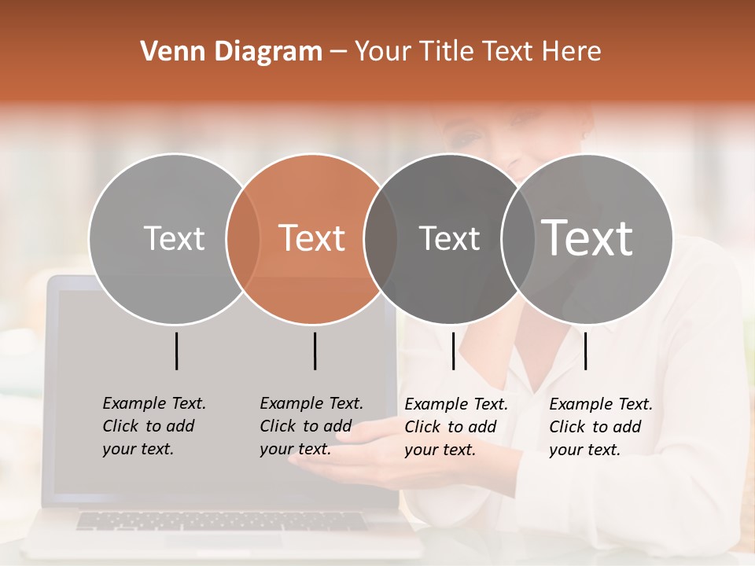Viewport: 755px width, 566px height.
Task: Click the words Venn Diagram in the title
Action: click(x=231, y=52)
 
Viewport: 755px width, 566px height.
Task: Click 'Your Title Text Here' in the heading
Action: click(x=477, y=52)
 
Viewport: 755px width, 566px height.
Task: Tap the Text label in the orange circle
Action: click(x=312, y=238)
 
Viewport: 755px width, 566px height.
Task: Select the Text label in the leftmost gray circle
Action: click(x=174, y=238)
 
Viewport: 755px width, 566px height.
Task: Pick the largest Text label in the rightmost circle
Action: click(x=587, y=238)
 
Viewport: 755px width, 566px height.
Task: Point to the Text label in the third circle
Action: click(x=449, y=238)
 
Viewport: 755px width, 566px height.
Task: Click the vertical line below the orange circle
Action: click(x=315, y=351)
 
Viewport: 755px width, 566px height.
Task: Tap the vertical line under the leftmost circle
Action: click(x=176, y=351)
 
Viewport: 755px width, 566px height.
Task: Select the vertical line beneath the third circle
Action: click(x=453, y=351)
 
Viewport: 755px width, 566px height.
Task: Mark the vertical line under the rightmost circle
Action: click(x=585, y=351)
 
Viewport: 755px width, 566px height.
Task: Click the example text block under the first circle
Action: click(x=154, y=426)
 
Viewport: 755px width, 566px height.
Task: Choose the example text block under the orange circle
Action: click(x=311, y=426)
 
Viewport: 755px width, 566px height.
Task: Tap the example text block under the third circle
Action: click(x=456, y=427)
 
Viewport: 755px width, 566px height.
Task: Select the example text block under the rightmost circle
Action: click(x=601, y=427)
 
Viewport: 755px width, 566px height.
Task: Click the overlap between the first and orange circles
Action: click(x=243, y=239)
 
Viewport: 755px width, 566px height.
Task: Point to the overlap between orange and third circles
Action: click(x=381, y=239)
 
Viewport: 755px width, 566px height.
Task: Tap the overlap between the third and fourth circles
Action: click(x=517, y=239)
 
